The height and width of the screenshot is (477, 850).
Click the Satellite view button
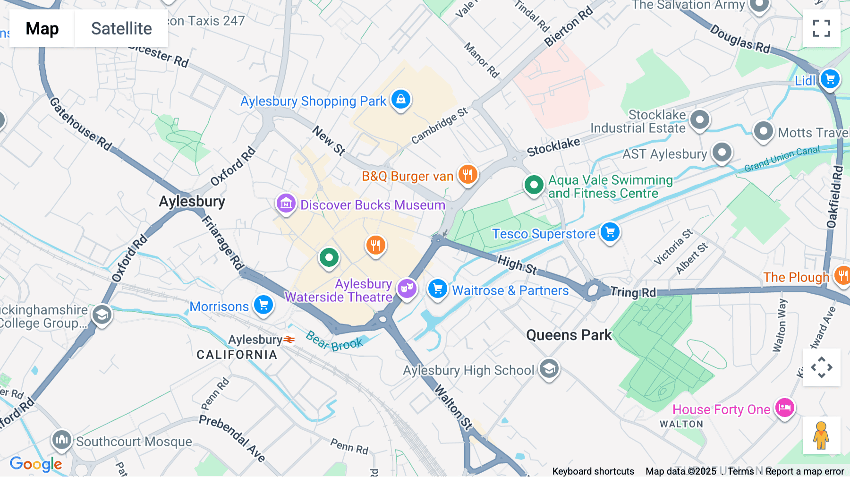[121, 28]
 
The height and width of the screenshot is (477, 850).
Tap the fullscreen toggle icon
[821, 28]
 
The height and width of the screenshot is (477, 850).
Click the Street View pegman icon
[821, 435]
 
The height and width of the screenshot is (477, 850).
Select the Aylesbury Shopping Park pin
[401, 99]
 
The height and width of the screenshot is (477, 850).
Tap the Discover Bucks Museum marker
[286, 204]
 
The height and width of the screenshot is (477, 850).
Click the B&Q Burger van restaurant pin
[467, 175]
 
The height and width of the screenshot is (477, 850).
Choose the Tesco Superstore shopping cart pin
[610, 232]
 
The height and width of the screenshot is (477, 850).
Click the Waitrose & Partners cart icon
[437, 289]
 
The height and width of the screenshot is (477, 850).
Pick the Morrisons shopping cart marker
[263, 305]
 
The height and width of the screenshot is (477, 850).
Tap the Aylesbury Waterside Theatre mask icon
[407, 288]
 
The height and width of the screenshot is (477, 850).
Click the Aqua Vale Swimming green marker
[534, 185]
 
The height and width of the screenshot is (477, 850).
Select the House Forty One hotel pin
[784, 408]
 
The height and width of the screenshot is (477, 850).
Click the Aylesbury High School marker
[549, 369]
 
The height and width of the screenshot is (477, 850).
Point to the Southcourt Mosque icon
[62, 440]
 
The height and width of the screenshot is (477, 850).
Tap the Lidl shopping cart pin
[830, 79]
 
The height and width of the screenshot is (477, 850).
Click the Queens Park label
[569, 335]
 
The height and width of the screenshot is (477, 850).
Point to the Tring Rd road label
[633, 292]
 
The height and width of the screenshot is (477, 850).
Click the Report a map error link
[805, 471]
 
